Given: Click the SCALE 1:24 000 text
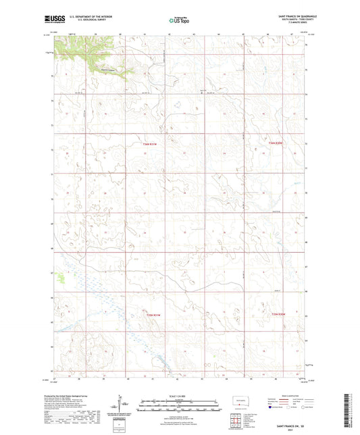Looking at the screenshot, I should [x=180, y=396].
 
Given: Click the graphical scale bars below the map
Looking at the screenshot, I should [x=179, y=406].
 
